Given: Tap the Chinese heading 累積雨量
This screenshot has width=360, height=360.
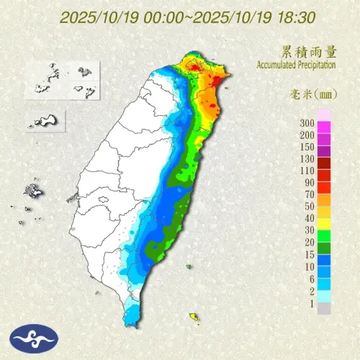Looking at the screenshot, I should [309, 52].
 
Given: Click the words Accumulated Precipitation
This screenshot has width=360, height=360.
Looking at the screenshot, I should [297, 65].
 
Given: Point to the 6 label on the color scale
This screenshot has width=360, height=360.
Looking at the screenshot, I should [311, 278].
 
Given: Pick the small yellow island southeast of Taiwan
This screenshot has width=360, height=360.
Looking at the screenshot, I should [194, 316].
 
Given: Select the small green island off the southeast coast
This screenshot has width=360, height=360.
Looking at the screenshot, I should [189, 267].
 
